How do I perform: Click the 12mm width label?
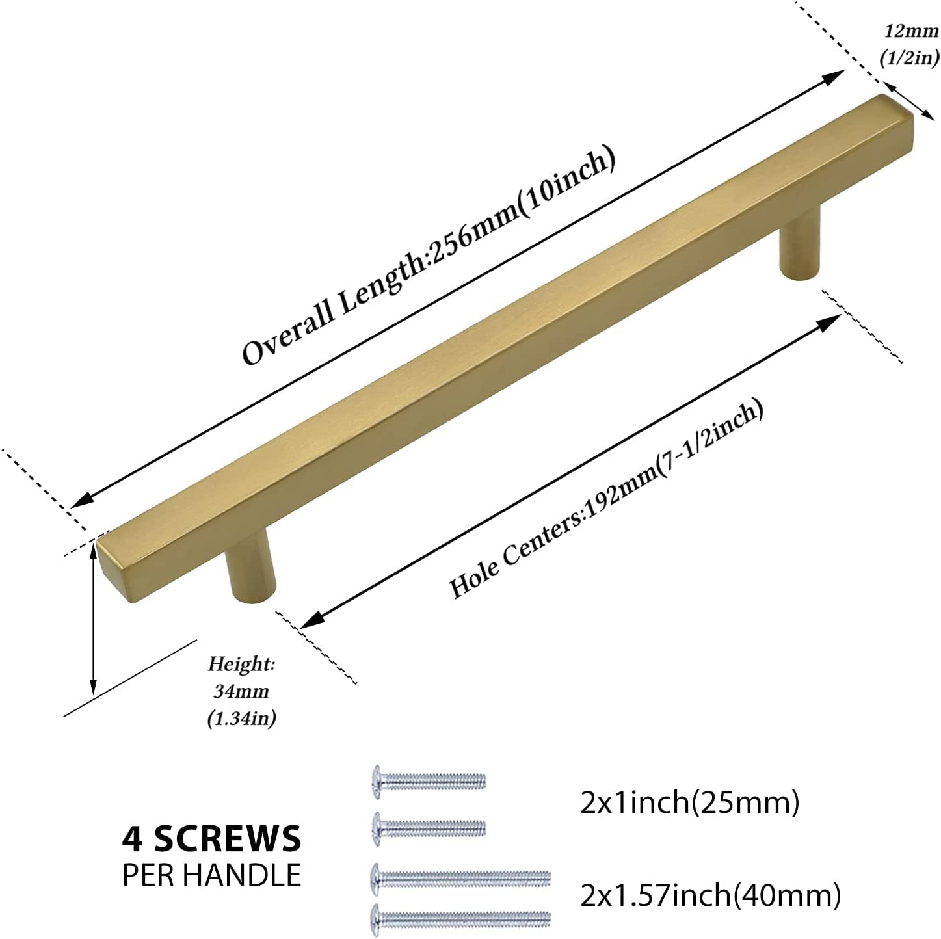tap(911, 31)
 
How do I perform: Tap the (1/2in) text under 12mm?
tap(909, 58)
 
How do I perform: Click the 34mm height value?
tap(242, 691)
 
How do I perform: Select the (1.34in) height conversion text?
tap(242, 719)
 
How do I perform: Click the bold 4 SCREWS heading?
tap(211, 838)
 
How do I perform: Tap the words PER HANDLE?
tap(211, 875)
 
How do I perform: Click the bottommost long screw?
tap(461, 918)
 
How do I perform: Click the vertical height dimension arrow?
tap(93, 619)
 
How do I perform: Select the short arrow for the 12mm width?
tap(908, 100)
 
